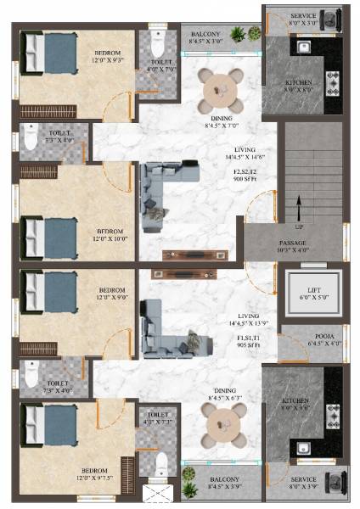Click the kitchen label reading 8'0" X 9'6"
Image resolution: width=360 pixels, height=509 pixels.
click(x=301, y=404)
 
